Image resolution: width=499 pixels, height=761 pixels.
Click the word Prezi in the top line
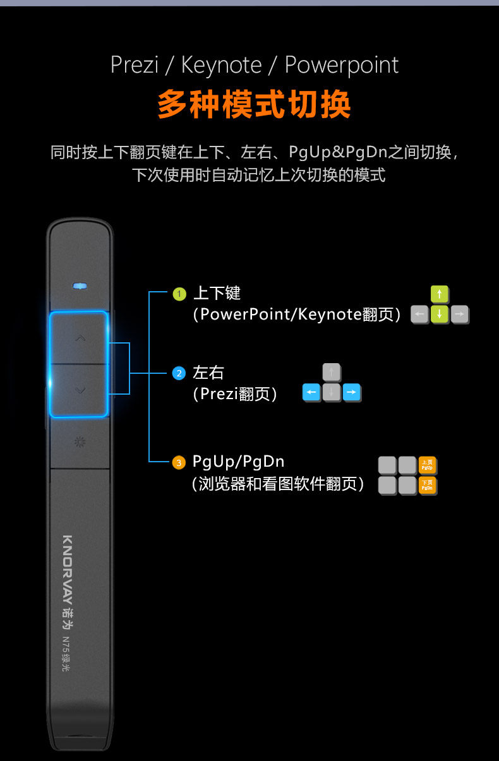[134, 65]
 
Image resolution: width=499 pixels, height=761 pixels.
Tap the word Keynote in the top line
[221, 65]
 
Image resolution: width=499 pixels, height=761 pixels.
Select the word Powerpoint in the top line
[341, 65]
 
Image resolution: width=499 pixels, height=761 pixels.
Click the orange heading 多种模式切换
[254, 105]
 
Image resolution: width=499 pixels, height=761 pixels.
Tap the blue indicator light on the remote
[80, 286]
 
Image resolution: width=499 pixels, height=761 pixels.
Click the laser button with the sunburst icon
[80, 442]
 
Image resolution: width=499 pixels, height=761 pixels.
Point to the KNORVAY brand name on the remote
[68, 568]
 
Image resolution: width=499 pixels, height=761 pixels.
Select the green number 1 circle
[179, 294]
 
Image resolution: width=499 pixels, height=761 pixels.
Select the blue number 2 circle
[179, 373]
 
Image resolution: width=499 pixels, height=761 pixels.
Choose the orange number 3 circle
[179, 463]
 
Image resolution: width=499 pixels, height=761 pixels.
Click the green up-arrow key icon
[440, 294]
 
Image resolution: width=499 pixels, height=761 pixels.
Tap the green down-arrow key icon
[440, 314]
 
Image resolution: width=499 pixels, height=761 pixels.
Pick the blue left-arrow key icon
[311, 393]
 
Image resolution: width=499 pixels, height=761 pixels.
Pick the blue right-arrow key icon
[352, 393]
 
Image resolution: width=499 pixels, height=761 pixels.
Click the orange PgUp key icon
[427, 465]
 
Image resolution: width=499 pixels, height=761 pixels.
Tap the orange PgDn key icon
[427, 485]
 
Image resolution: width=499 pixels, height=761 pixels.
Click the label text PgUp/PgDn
[238, 462]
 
